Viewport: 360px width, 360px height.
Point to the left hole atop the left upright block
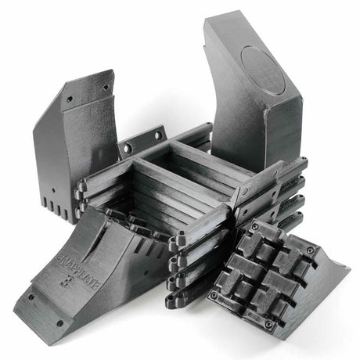(70, 99)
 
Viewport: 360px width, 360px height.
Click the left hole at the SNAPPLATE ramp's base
(31, 297)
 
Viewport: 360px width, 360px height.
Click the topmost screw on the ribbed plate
(254, 227)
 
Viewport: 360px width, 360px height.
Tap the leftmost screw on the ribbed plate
(214, 296)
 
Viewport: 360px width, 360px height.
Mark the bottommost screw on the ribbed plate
(269, 323)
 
